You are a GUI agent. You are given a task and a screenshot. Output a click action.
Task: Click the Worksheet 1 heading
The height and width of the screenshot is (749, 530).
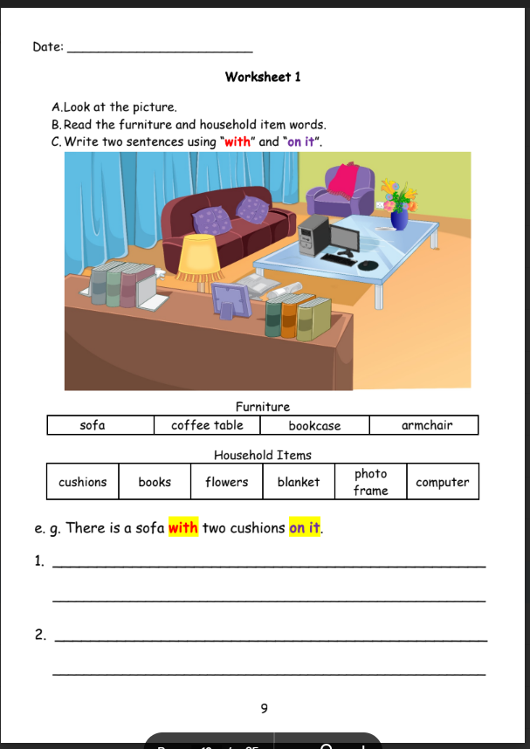tap(263, 77)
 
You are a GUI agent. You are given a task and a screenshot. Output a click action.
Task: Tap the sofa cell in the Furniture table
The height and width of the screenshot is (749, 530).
tap(92, 425)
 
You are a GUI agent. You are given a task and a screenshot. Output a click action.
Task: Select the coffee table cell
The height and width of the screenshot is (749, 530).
tap(207, 425)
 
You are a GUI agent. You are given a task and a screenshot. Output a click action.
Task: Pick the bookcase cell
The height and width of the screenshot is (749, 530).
tap(314, 426)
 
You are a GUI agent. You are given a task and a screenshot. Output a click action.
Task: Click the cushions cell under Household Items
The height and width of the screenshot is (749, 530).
tap(82, 482)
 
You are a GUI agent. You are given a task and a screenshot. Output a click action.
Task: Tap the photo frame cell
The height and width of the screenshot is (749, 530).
tap(370, 482)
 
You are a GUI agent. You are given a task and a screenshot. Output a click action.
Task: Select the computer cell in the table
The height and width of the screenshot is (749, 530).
tap(442, 482)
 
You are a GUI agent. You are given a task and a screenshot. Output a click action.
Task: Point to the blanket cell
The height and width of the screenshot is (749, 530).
tap(299, 482)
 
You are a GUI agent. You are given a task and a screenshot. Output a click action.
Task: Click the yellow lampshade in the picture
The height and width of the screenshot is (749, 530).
tap(200, 253)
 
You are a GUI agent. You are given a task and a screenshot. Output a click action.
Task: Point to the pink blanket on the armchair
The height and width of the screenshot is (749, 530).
tap(348, 179)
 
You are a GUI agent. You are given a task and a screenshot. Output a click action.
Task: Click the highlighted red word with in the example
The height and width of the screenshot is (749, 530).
tap(183, 528)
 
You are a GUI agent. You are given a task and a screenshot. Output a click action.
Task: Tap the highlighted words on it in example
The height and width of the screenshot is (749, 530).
tap(305, 528)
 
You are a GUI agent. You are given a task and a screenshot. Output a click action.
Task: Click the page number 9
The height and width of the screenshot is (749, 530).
tap(264, 708)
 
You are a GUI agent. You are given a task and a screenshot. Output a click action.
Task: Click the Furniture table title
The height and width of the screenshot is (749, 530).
tap(262, 407)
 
